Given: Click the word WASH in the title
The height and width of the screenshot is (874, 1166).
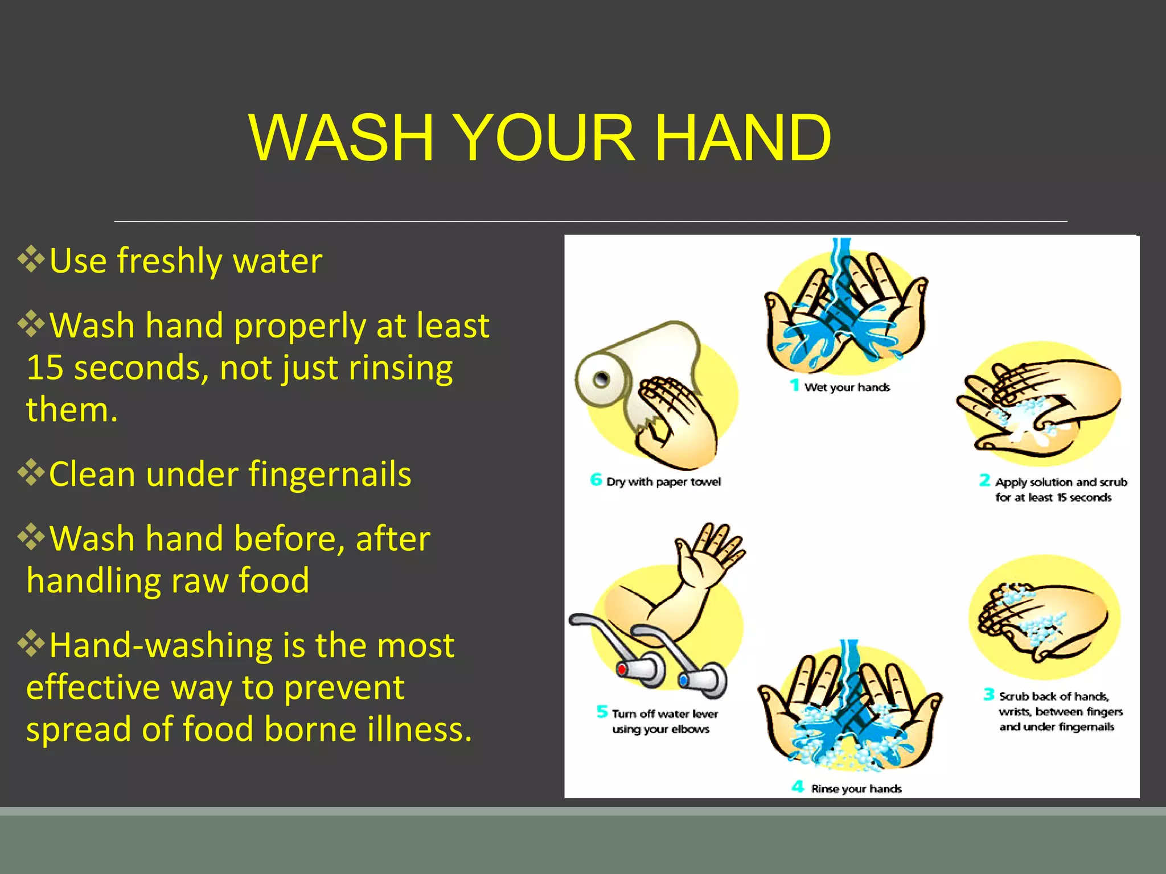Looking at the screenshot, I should click(342, 138).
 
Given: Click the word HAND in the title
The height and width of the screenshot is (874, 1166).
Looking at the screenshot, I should click(743, 138).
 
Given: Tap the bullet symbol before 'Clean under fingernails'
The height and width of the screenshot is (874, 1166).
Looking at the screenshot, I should click(31, 472).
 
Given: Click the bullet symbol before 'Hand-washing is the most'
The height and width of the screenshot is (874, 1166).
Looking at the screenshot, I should click(31, 644).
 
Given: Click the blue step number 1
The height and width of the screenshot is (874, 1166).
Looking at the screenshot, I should click(795, 385).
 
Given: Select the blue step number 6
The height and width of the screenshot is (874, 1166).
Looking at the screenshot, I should click(596, 480).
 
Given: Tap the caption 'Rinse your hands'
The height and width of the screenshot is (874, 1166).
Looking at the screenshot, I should click(856, 789).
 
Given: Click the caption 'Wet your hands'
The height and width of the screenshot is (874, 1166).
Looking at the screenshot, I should click(847, 387).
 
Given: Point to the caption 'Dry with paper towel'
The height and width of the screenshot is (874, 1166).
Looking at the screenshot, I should click(663, 482).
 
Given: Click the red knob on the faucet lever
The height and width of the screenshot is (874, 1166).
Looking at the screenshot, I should click(622, 669).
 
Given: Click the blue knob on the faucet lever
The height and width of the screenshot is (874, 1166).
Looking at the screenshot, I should click(683, 680).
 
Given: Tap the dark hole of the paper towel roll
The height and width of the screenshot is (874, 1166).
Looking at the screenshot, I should click(601, 379).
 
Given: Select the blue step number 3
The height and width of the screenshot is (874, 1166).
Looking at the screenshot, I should click(989, 694).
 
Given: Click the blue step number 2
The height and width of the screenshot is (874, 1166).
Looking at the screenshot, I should click(984, 480).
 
